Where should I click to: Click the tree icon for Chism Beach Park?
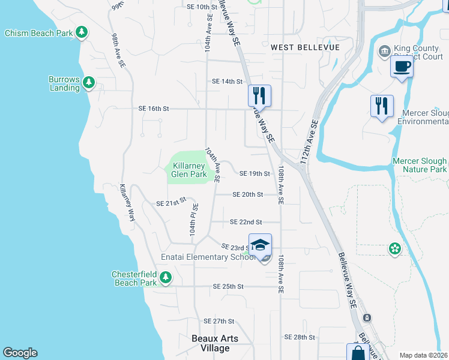(81, 33)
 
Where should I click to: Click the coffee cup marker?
(402, 67)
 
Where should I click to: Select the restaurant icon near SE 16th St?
(259, 96)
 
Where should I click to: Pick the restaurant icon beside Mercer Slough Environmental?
(381, 106)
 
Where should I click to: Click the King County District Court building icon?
(383, 52)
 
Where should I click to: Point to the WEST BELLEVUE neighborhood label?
(305, 47)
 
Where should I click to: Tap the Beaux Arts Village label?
(214, 343)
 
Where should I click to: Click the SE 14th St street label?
(227, 82)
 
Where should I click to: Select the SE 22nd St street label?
(246, 222)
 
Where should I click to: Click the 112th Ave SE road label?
(309, 143)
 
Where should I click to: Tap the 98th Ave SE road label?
(118, 50)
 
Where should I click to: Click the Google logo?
(20, 353)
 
